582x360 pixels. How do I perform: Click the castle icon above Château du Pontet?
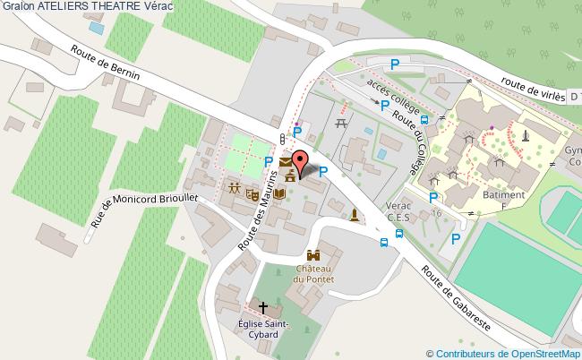[313, 255]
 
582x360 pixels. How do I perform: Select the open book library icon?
[279, 192]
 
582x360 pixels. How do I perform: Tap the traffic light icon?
[283, 138]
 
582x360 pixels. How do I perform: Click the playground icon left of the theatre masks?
[235, 189]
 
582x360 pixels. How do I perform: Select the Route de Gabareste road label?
[457, 302]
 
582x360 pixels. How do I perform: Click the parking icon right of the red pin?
[324, 171]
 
